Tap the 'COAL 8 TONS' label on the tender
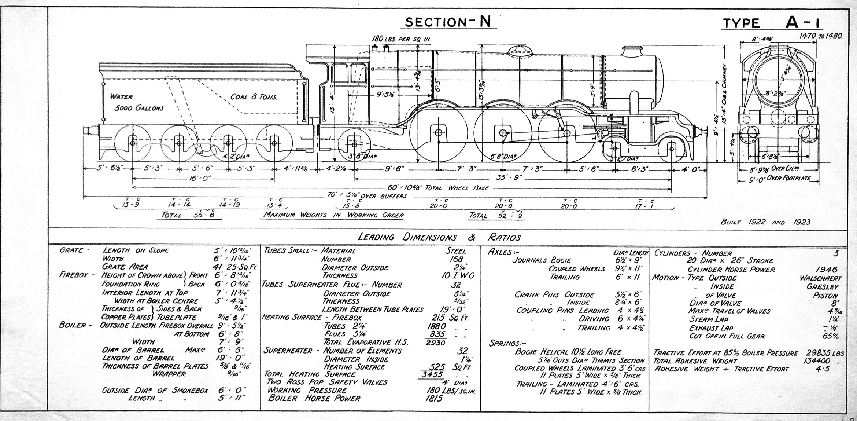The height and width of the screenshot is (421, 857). click(254, 97)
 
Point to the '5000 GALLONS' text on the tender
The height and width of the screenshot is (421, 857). click(139, 109)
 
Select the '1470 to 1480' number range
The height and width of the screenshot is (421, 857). click(822, 36)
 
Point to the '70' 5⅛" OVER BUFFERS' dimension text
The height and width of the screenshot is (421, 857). click(367, 196)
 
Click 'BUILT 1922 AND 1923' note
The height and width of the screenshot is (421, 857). click(765, 222)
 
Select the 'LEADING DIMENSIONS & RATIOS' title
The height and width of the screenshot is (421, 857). click(439, 237)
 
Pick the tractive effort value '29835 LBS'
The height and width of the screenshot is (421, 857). click(824, 353)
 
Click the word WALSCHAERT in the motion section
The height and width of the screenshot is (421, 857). click(820, 278)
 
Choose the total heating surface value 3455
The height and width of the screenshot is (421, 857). click(432, 374)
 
